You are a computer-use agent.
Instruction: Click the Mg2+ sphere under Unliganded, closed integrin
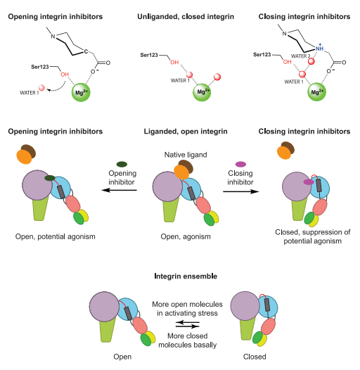point(202,92)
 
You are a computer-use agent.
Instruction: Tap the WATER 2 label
point(300,56)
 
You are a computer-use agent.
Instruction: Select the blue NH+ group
point(320,48)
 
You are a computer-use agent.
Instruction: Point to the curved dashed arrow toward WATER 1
point(57,88)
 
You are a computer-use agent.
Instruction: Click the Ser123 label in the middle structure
point(149,55)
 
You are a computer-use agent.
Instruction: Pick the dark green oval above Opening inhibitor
point(122,164)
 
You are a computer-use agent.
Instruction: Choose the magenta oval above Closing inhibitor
point(240,164)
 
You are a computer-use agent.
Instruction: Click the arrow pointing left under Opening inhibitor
point(120,190)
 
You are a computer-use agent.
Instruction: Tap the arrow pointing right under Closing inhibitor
point(241,191)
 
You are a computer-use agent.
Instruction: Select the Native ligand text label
point(186,155)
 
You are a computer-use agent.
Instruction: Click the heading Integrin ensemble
point(186,276)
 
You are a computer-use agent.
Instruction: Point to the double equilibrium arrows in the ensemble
point(188,324)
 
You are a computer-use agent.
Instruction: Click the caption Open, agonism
point(186,236)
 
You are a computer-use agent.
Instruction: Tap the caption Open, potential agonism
point(56,236)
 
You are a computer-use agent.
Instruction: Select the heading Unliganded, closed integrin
point(186,16)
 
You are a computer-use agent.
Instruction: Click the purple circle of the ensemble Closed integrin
point(245,306)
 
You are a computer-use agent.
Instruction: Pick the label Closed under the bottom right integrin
point(255,357)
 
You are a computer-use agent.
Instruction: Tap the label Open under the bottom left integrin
point(122,357)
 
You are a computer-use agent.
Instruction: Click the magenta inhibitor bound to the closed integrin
point(309,182)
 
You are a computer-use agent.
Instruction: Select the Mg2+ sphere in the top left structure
point(81,92)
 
